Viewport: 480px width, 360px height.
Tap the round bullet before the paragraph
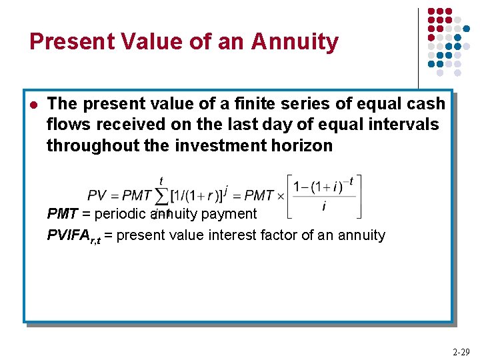coord(33,105)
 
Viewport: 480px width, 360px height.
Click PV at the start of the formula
coord(97,196)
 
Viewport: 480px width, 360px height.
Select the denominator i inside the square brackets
coord(324,207)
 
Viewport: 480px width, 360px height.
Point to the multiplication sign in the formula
coord(280,196)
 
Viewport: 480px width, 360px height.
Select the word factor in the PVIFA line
coord(306,235)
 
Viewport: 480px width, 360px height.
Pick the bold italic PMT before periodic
coord(62,214)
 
